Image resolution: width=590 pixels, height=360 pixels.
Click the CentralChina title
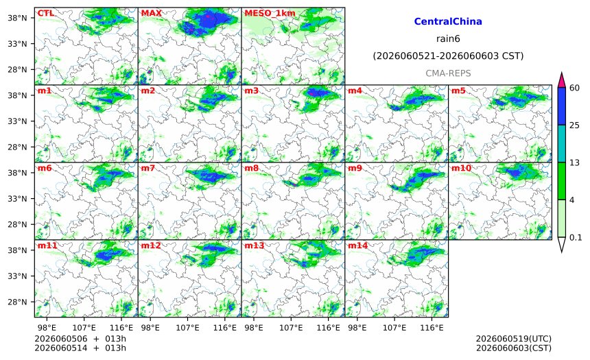click(x=448, y=21)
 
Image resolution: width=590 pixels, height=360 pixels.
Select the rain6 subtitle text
click(x=448, y=39)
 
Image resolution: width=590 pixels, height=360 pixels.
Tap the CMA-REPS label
click(x=448, y=73)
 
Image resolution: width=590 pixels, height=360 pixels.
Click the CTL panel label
click(x=45, y=13)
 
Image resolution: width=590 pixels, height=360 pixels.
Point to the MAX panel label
click(x=151, y=13)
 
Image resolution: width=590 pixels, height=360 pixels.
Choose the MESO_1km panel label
click(x=270, y=13)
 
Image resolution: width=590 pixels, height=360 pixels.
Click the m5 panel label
click(x=458, y=91)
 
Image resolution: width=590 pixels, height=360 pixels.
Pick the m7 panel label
click(x=148, y=168)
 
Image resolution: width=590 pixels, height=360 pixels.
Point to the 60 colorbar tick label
click(x=574, y=88)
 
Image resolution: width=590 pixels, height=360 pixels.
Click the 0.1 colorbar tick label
click(x=576, y=237)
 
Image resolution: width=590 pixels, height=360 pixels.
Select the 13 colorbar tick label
click(x=574, y=163)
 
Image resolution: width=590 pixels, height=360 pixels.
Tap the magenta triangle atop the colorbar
click(x=561, y=80)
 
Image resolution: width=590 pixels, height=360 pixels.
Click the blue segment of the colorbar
click(x=561, y=106)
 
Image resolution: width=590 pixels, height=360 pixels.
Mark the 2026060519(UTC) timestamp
click(x=514, y=339)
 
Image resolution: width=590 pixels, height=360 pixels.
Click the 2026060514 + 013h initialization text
click(x=80, y=348)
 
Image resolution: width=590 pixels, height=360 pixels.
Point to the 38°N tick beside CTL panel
click(x=17, y=18)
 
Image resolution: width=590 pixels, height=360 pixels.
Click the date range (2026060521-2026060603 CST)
click(x=448, y=56)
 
